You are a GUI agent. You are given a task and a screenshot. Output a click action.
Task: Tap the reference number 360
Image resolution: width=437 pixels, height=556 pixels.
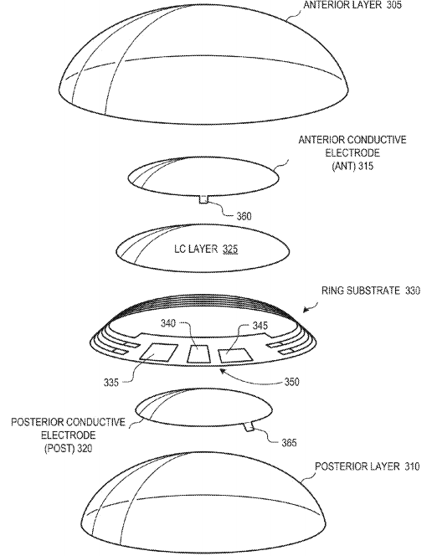(x=244, y=216)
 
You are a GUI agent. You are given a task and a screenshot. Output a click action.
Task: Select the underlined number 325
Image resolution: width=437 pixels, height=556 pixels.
(x=230, y=250)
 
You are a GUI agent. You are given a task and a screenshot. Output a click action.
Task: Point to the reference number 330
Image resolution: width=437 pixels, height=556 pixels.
(x=413, y=291)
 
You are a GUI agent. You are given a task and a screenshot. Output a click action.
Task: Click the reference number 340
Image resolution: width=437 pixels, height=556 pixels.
(x=168, y=323)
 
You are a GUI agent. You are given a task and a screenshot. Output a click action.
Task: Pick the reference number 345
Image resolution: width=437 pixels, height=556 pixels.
(x=260, y=326)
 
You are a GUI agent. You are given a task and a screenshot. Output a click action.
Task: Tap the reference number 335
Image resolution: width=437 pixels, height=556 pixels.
(x=111, y=382)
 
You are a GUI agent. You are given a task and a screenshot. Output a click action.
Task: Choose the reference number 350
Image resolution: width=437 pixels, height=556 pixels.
(x=291, y=382)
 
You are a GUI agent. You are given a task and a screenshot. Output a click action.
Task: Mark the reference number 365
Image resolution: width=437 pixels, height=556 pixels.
(x=289, y=442)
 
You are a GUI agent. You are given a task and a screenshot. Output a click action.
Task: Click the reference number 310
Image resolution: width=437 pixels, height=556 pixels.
(x=412, y=466)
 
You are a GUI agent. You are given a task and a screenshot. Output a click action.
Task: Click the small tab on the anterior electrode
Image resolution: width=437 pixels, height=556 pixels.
(x=203, y=199)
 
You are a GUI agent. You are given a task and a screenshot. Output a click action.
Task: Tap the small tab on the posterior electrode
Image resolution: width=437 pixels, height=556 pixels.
(x=249, y=427)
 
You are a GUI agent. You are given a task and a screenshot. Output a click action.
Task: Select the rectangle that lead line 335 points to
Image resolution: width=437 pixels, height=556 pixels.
(x=158, y=353)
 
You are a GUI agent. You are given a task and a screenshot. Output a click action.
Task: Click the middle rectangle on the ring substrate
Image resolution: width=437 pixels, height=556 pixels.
(x=199, y=354)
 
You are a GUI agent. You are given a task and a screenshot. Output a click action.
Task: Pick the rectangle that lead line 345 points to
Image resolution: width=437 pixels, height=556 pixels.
(x=235, y=356)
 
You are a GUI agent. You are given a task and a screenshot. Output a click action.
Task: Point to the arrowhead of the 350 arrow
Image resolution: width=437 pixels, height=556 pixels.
(x=222, y=371)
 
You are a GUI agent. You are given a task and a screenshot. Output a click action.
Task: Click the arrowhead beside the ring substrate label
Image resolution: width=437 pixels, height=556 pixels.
(x=306, y=311)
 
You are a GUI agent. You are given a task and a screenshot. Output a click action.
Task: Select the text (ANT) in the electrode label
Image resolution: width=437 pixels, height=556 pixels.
(x=343, y=166)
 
